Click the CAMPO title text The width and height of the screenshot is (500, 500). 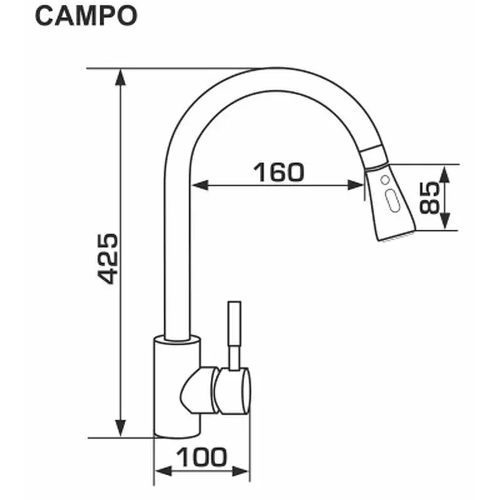coord(86,16)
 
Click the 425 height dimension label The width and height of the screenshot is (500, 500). coord(107,259)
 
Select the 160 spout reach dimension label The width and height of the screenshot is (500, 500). coord(278,172)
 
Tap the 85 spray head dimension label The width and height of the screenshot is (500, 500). coord(429,197)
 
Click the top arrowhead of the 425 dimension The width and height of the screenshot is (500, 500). coord(120,77)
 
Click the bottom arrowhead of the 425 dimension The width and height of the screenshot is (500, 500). coord(120,428)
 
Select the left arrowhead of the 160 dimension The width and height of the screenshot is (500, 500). coord(200,185)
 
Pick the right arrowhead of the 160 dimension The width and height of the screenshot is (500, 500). coord(355,185)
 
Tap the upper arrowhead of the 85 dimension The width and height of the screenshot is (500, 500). coord(444,174)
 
